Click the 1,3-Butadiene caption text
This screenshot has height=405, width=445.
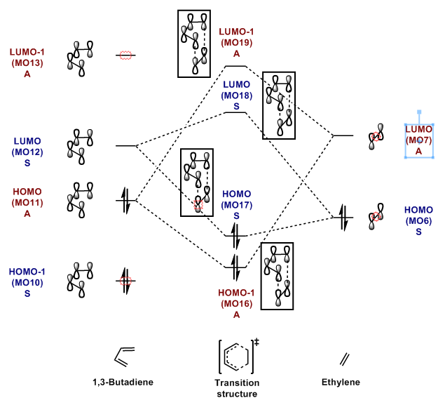tap(123, 383)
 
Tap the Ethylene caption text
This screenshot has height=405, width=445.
tap(341, 383)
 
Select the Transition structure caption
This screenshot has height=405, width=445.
tap(237, 388)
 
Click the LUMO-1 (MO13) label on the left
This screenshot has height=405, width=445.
tap(27, 62)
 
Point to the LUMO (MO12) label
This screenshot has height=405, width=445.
tap(27, 151)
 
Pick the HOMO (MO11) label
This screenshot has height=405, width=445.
tap(27, 202)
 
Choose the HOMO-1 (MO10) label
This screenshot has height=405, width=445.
tap(27, 282)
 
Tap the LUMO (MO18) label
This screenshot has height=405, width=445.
tap(237, 95)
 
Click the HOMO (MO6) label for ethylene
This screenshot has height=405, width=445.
tap(418, 220)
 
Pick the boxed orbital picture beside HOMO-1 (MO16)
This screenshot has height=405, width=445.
tap(278, 275)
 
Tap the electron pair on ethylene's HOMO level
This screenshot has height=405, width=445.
tap(343, 218)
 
